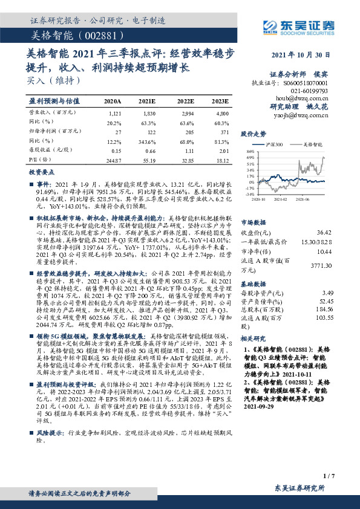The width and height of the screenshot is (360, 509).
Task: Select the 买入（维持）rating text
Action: point(53,80)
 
